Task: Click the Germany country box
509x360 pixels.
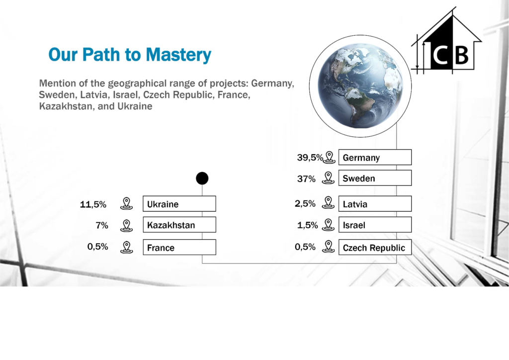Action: click(375, 158)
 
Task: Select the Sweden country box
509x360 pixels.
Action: click(375, 178)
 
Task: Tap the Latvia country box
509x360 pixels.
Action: click(375, 204)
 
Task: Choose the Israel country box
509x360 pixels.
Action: click(375, 225)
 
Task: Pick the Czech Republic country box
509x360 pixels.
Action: click(375, 247)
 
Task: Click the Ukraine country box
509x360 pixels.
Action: click(179, 204)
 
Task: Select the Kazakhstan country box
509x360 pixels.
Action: click(179, 225)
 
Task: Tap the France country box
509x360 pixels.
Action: click(179, 247)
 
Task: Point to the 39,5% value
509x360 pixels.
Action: click(310, 158)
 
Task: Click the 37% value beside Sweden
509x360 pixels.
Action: click(306, 179)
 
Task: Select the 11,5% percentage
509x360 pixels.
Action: click(93, 204)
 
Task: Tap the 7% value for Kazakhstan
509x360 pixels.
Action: click(102, 225)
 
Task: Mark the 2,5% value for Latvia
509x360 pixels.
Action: click(305, 203)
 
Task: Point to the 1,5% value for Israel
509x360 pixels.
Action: click(307, 225)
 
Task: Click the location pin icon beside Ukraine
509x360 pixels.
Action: click(127, 203)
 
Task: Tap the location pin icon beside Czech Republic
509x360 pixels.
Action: click(328, 247)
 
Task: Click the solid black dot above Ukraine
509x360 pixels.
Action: click(202, 178)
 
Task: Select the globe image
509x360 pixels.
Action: click(360, 86)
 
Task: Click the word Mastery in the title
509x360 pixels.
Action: click(178, 55)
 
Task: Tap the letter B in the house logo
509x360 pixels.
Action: click(462, 55)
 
